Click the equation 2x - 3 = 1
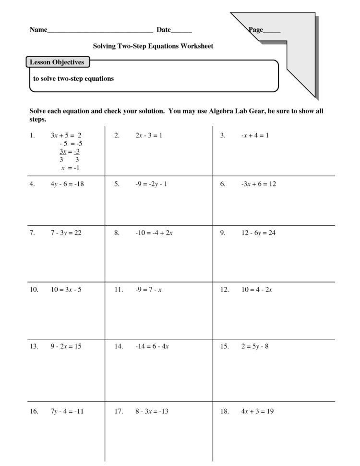[x=149, y=135]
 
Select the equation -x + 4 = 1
[x=254, y=135]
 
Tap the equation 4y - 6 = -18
[x=67, y=184]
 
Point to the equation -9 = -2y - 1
[x=151, y=184]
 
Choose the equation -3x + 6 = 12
[x=258, y=184]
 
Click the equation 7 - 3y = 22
[x=66, y=233]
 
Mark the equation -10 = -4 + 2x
[x=154, y=233]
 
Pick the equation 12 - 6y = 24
[x=258, y=233]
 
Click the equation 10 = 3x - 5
[x=66, y=290]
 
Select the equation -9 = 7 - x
[x=148, y=290]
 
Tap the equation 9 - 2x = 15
[x=66, y=346]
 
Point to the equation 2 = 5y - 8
[x=254, y=346]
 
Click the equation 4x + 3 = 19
[x=257, y=411]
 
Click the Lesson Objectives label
[x=57, y=62]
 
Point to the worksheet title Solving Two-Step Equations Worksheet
[x=153, y=46]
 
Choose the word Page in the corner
[x=256, y=30]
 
